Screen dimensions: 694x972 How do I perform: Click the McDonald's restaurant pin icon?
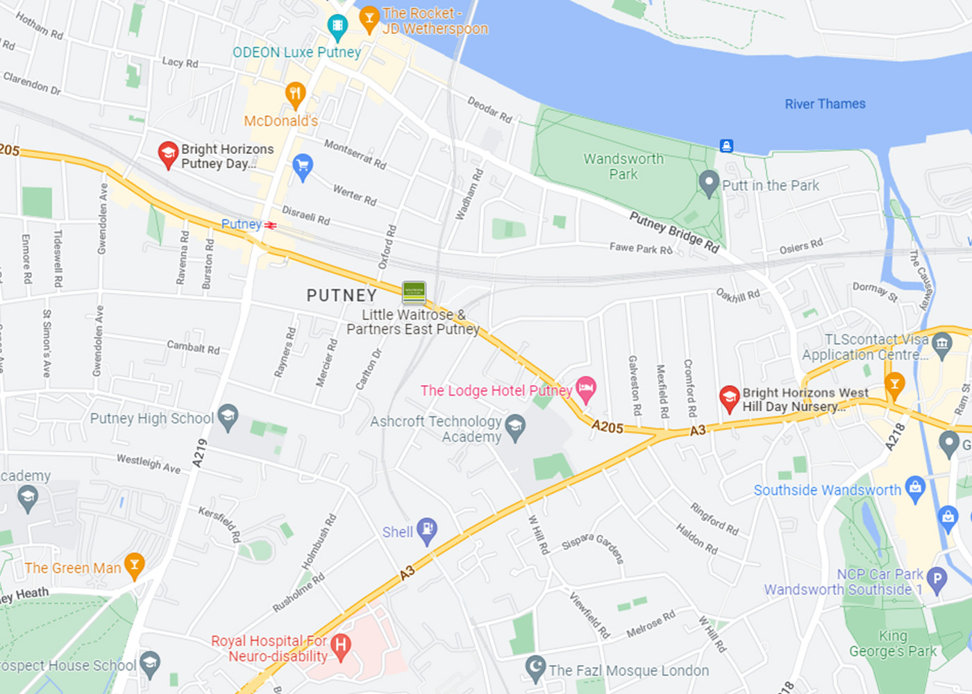pyautogui.click(x=296, y=94)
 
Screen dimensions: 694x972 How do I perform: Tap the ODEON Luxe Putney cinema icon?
pyautogui.click(x=337, y=26)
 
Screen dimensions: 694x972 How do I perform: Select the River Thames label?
pyautogui.click(x=825, y=104)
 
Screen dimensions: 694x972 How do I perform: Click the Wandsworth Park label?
pyautogui.click(x=623, y=167)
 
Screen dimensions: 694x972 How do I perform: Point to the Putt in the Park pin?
pyautogui.click(x=708, y=183)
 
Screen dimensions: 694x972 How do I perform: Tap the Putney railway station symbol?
pyautogui.click(x=270, y=225)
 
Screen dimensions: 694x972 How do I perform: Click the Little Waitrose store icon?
pyautogui.click(x=414, y=292)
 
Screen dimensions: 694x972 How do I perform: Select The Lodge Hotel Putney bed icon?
pyautogui.click(x=586, y=389)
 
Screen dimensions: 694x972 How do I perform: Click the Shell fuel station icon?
pyautogui.click(x=426, y=530)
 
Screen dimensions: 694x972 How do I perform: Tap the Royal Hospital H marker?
pyautogui.click(x=340, y=645)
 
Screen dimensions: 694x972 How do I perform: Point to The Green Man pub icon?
pyautogui.click(x=134, y=565)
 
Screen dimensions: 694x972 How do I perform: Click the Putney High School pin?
pyautogui.click(x=228, y=416)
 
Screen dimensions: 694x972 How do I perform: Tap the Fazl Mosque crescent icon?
pyautogui.click(x=535, y=668)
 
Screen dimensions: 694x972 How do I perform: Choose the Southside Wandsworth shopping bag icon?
pyautogui.click(x=915, y=488)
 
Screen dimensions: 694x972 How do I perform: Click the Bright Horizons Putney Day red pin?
pyautogui.click(x=168, y=154)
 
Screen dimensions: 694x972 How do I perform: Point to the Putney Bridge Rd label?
pyautogui.click(x=673, y=232)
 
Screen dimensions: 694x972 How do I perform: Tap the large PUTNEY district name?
pyautogui.click(x=342, y=296)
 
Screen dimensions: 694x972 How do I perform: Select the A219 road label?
pyautogui.click(x=200, y=452)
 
